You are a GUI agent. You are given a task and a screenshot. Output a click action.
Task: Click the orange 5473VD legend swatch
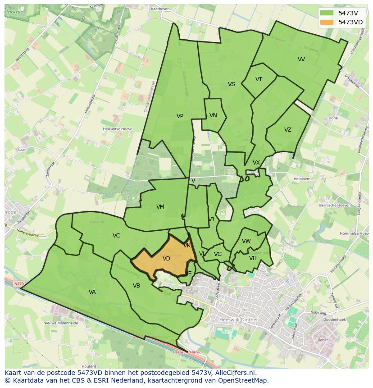[328, 22]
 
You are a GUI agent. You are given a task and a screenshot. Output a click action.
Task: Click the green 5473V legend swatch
[328, 13]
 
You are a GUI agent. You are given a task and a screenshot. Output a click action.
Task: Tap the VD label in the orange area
[166, 259]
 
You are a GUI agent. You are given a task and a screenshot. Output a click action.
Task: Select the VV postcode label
[301, 59]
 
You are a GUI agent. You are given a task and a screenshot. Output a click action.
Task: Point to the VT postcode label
[259, 79]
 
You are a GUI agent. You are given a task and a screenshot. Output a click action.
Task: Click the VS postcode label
[231, 84]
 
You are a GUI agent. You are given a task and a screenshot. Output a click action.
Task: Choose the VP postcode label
[180, 116]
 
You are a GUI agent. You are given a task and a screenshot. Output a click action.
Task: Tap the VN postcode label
[213, 115]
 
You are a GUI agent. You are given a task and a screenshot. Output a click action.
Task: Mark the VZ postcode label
[287, 130]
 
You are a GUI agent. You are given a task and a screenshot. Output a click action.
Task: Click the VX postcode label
[256, 163]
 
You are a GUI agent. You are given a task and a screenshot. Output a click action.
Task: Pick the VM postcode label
[160, 207]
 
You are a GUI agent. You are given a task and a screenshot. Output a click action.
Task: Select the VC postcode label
[116, 236]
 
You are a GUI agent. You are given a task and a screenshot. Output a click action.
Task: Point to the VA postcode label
[92, 292]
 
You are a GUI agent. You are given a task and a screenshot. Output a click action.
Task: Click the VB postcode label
[136, 286]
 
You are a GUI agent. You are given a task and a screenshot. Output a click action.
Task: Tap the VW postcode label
[246, 241]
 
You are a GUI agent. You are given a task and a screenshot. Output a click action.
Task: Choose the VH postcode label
[253, 258]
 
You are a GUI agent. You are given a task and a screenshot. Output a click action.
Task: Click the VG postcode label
[218, 254]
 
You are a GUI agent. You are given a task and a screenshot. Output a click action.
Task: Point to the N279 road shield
[18, 284]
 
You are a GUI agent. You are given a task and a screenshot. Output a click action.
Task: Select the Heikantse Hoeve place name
[117, 129]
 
